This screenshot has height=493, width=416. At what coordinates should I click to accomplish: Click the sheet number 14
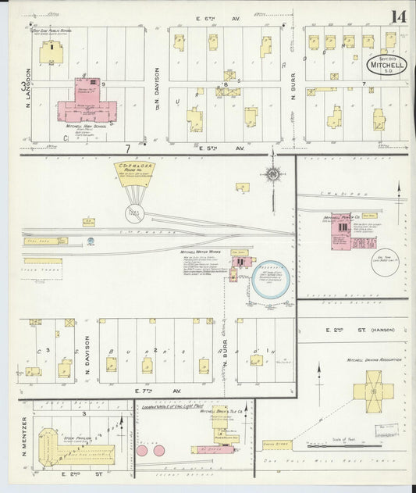coord(398,16)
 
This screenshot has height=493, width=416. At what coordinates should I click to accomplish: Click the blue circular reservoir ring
coord(270,280)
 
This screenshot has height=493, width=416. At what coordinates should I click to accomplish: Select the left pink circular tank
coord(143,450)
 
